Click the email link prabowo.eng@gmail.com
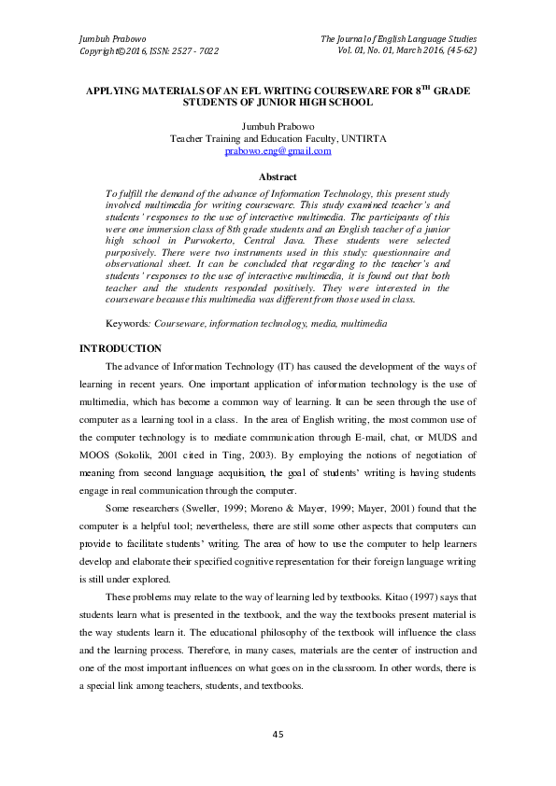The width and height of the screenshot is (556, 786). tap(278, 150)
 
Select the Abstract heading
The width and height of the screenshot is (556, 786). tap(278, 177)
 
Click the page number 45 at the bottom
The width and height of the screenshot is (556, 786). tap(278, 737)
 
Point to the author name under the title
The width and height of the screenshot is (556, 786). tap(278, 125)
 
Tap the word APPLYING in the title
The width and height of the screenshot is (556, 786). tap(116, 93)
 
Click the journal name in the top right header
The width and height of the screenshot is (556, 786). tap(399, 38)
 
